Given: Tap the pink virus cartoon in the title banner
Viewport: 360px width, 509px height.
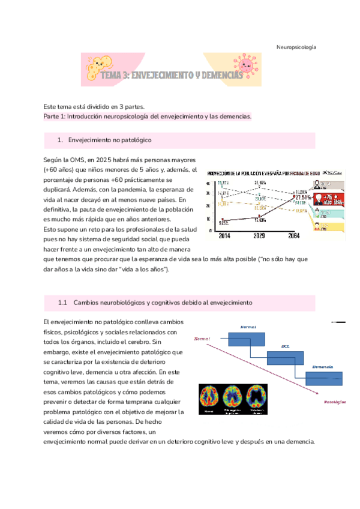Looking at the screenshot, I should tap(246, 64).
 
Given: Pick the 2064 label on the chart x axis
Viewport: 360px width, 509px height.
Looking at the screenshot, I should tap(295, 236).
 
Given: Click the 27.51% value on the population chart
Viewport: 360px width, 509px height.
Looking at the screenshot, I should tap(302, 197).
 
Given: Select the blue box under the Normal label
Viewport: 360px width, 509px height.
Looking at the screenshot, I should tap(248, 338).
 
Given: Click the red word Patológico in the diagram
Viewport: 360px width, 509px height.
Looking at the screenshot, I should tap(334, 401).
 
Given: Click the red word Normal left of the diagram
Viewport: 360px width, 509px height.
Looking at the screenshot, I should tap(202, 339).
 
